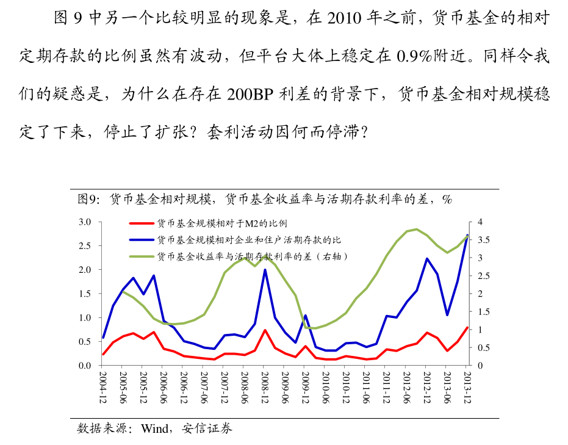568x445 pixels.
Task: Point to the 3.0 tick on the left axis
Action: (85, 222)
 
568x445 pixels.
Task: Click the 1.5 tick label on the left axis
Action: (85, 294)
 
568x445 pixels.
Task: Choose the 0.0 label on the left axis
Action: (85, 366)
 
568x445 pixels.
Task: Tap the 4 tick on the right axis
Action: (480, 222)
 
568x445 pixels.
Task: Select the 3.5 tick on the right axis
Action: (483, 240)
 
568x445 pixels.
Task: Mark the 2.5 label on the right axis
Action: (483, 276)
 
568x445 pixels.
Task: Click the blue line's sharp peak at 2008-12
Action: (265, 270)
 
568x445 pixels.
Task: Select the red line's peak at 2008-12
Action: (265, 330)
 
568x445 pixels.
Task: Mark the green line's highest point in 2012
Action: (416, 230)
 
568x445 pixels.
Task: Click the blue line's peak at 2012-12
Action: (426, 259)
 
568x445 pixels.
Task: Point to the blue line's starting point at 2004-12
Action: (103, 338)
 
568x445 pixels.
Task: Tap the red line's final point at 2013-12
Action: (467, 328)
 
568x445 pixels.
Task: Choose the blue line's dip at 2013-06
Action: (447, 315)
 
